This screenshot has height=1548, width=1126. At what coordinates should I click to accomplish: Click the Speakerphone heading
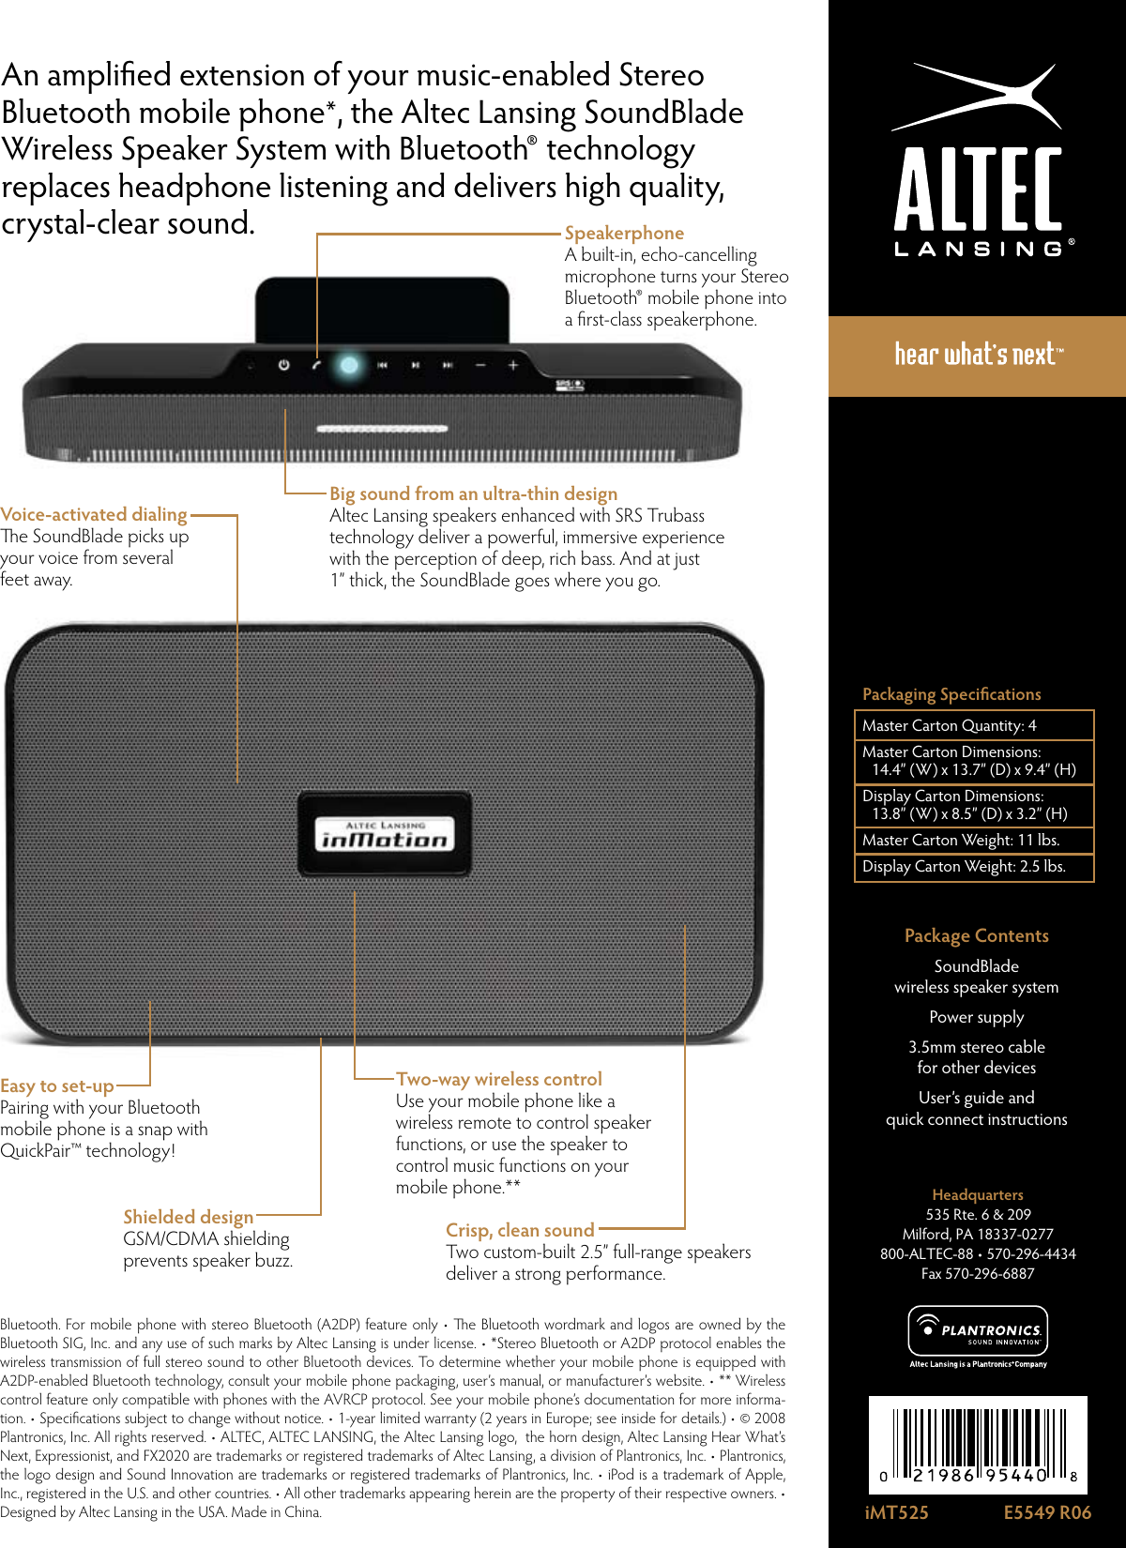624,233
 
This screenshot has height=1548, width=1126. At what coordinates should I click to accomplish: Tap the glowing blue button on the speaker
348,365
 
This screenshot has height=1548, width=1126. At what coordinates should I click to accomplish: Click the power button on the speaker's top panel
283,365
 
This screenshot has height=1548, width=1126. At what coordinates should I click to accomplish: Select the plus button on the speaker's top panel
513,365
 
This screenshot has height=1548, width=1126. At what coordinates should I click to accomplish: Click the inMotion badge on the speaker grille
385,834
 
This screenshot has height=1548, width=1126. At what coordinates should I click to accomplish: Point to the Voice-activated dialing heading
94,514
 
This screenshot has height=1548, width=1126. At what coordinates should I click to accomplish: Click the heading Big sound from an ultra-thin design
473,493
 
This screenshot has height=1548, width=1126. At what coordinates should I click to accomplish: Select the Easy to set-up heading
57,1085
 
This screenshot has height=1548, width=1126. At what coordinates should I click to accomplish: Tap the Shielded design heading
188,1217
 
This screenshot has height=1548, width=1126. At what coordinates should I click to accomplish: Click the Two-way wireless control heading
499,1079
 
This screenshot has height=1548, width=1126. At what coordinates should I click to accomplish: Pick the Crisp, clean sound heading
520,1230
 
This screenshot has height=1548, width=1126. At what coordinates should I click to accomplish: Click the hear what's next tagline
977,355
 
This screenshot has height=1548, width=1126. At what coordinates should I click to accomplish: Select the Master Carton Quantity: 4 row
974,725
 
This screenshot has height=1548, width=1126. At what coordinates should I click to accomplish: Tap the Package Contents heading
976,935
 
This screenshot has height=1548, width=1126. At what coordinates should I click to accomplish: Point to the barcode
978,1445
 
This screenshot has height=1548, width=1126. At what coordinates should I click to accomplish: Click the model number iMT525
896,1512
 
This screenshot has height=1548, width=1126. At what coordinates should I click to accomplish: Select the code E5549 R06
1047,1512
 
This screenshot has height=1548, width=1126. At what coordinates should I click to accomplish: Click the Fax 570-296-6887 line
977,1273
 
